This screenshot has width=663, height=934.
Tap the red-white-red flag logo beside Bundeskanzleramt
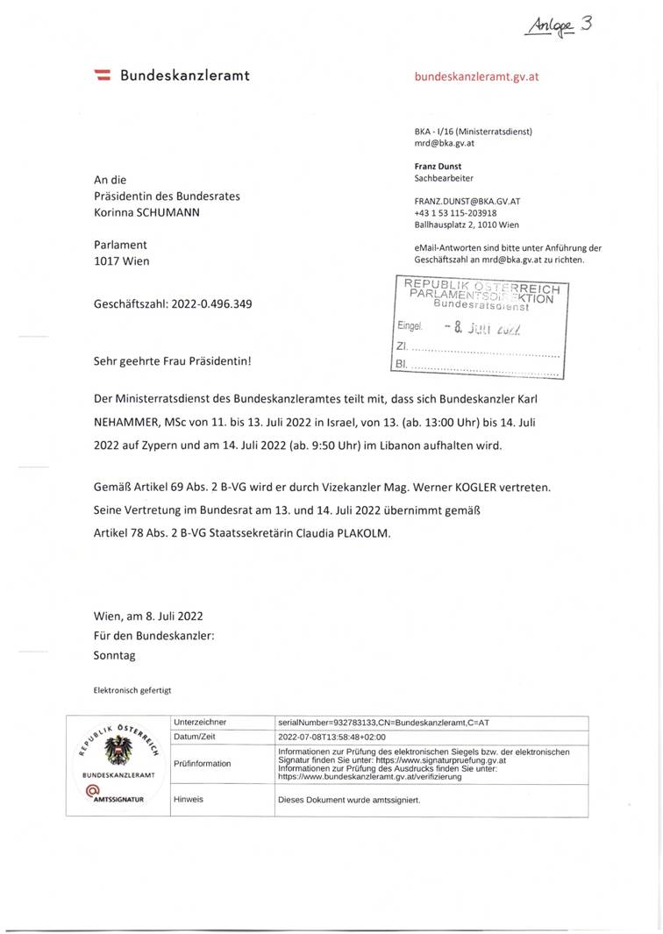(101, 76)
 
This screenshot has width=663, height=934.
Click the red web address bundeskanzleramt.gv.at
(476, 76)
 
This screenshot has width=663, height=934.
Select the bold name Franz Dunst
(438, 166)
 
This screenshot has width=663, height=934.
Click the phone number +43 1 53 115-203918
(455, 212)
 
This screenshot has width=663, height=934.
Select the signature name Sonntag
(115, 654)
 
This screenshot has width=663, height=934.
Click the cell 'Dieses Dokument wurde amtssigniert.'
(349, 800)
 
